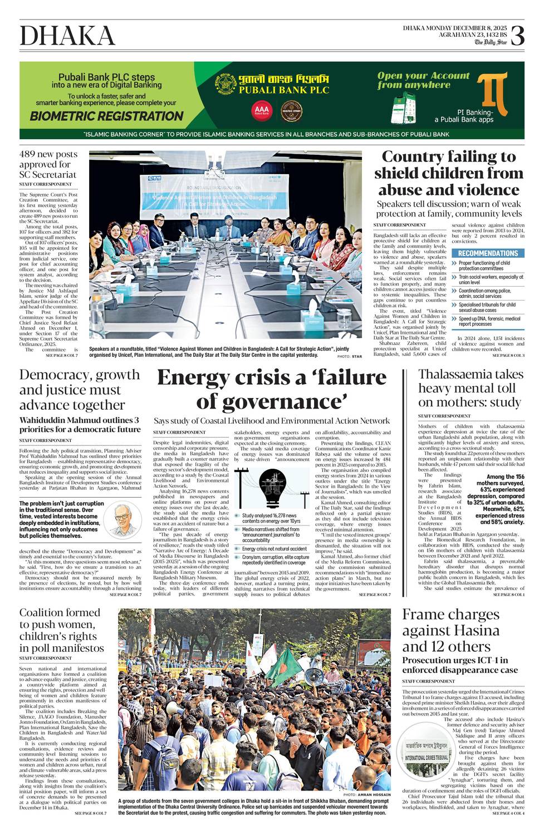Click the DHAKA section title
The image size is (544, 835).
click(67, 36)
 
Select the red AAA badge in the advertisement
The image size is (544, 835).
click(262, 110)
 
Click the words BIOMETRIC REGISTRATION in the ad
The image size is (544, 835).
click(106, 116)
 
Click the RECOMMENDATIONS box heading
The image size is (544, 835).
click(488, 253)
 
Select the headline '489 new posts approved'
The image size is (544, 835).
click(48, 164)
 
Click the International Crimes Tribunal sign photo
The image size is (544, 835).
click(426, 750)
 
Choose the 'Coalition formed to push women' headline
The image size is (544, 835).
click(60, 630)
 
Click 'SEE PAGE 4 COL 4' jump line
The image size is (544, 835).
click(508, 813)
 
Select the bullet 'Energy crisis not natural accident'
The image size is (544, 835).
click(275, 549)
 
